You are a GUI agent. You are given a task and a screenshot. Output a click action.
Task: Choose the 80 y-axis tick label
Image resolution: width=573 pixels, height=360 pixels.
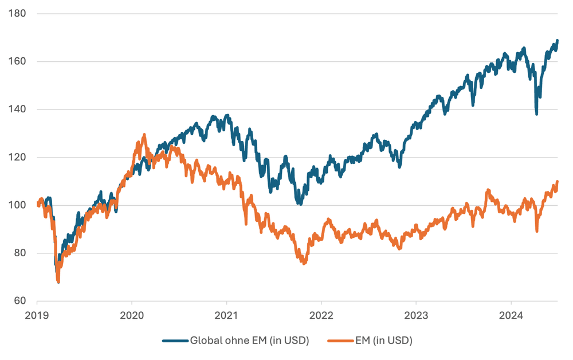pyautogui.click(x=20, y=253)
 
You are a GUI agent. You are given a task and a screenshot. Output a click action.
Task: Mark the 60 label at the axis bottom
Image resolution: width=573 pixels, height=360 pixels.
pyautogui.click(x=20, y=301)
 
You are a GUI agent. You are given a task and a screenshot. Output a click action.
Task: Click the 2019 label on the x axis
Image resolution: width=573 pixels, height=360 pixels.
pyautogui.click(x=37, y=314)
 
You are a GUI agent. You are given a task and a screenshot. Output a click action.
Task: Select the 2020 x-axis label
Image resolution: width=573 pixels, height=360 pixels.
pyautogui.click(x=132, y=314)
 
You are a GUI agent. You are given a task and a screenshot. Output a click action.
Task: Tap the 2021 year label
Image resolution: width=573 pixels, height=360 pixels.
pyautogui.click(x=226, y=314)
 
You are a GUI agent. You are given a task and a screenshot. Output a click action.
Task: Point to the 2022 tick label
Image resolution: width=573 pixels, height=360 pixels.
pyautogui.click(x=321, y=314)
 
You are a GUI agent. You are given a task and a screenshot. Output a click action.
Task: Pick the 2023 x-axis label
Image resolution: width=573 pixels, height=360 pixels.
pyautogui.click(x=416, y=314)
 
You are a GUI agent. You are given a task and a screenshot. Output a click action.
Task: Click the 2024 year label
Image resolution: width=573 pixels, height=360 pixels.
pyautogui.click(x=511, y=314)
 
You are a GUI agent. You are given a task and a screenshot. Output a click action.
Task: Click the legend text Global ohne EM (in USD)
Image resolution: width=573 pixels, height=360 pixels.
pyautogui.click(x=250, y=341)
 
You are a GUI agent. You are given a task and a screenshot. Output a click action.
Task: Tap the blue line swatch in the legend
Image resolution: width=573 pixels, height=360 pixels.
pyautogui.click(x=175, y=341)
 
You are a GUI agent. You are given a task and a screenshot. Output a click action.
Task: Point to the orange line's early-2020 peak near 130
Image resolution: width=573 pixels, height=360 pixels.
pyautogui.click(x=144, y=135)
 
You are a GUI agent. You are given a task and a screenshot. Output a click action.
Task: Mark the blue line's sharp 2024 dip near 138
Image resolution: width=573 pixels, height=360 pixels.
pyautogui.click(x=536, y=114)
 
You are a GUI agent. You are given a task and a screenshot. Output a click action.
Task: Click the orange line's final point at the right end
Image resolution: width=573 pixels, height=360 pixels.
pyautogui.click(x=558, y=182)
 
